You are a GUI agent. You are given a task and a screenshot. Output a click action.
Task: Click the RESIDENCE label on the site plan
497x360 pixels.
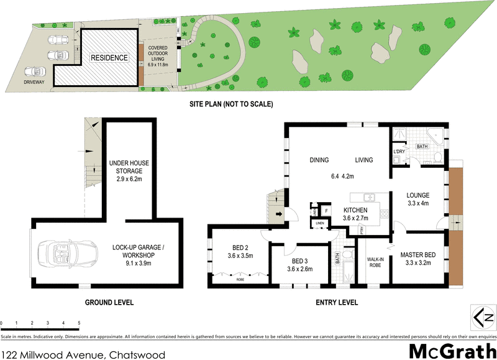click(109, 58)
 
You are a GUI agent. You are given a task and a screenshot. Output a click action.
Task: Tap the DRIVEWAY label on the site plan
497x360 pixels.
click(35, 81)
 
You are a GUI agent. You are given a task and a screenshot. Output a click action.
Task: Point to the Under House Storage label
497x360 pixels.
click(129, 171)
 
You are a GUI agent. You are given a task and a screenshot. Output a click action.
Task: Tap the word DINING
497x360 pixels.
click(319, 160)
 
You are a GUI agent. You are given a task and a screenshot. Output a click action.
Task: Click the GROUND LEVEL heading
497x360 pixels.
click(109, 303)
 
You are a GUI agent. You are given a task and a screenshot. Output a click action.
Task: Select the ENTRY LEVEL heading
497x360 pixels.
click(332, 303)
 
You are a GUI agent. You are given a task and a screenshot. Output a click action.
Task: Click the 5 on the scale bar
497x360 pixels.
click(79, 323)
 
